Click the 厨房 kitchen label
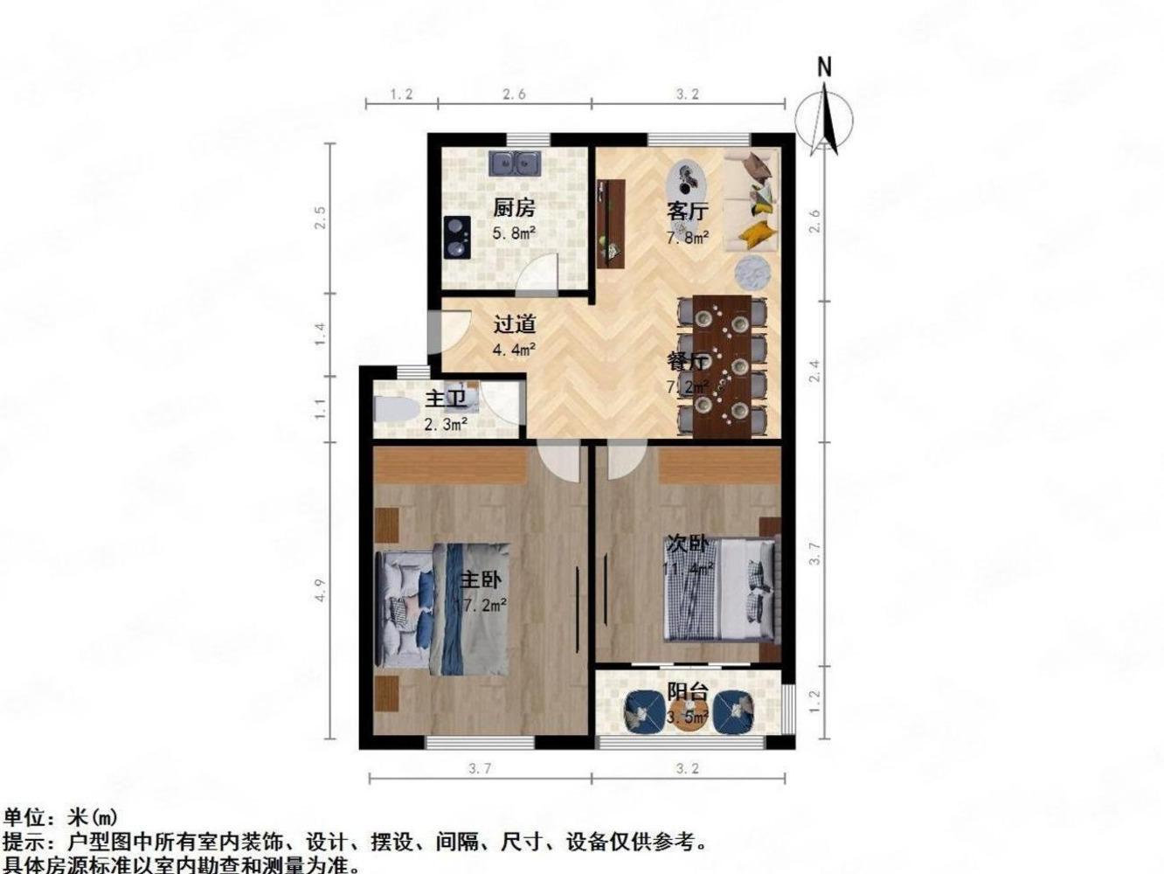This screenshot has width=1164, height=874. tap(514, 208)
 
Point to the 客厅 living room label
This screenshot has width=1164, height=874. tap(688, 211)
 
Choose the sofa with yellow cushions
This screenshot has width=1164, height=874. tap(752, 199)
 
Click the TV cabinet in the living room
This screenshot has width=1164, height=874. tap(612, 223)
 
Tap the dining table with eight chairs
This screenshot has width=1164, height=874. tap(723, 365)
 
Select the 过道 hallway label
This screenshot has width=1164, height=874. tap(514, 324)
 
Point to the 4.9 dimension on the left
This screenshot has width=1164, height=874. tap(321, 591)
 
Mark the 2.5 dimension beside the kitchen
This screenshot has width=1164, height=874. tap(321, 217)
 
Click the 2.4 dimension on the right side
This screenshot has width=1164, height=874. tap(814, 371)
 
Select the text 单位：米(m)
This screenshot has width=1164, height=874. tap(59, 818)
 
